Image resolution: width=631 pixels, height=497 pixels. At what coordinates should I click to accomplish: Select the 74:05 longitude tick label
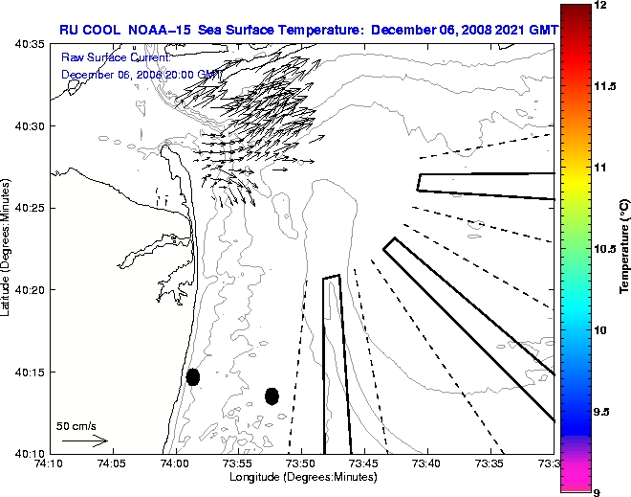pyautogui.click(x=111, y=463)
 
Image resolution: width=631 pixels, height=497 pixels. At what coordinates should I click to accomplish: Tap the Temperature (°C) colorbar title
pyautogui.click(x=624, y=248)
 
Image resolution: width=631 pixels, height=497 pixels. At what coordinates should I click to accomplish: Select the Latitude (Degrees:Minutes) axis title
pyautogui.click(x=8, y=248)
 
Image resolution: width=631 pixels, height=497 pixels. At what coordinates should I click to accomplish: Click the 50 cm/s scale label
pyautogui.click(x=76, y=426)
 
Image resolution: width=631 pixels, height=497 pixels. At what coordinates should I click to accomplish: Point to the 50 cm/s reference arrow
pyautogui.click(x=84, y=441)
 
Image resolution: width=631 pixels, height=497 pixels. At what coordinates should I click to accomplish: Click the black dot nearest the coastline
pyautogui.click(x=193, y=376)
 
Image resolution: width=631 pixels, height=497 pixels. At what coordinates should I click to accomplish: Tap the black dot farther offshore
pyautogui.click(x=272, y=395)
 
